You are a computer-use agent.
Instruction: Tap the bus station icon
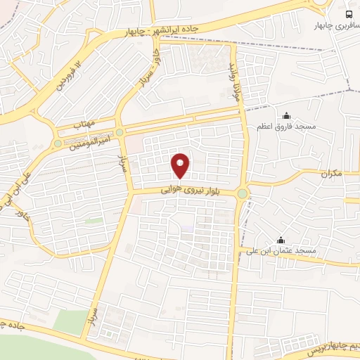[x=349, y=15]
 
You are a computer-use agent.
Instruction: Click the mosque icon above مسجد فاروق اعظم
[x=286, y=115]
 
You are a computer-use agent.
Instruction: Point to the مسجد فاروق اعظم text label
[x=285, y=127]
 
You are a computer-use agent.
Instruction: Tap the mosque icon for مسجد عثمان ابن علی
[x=281, y=240]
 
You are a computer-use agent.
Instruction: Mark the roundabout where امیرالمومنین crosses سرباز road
[x=120, y=132]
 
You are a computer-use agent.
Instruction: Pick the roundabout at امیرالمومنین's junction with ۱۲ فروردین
[x=58, y=144]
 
